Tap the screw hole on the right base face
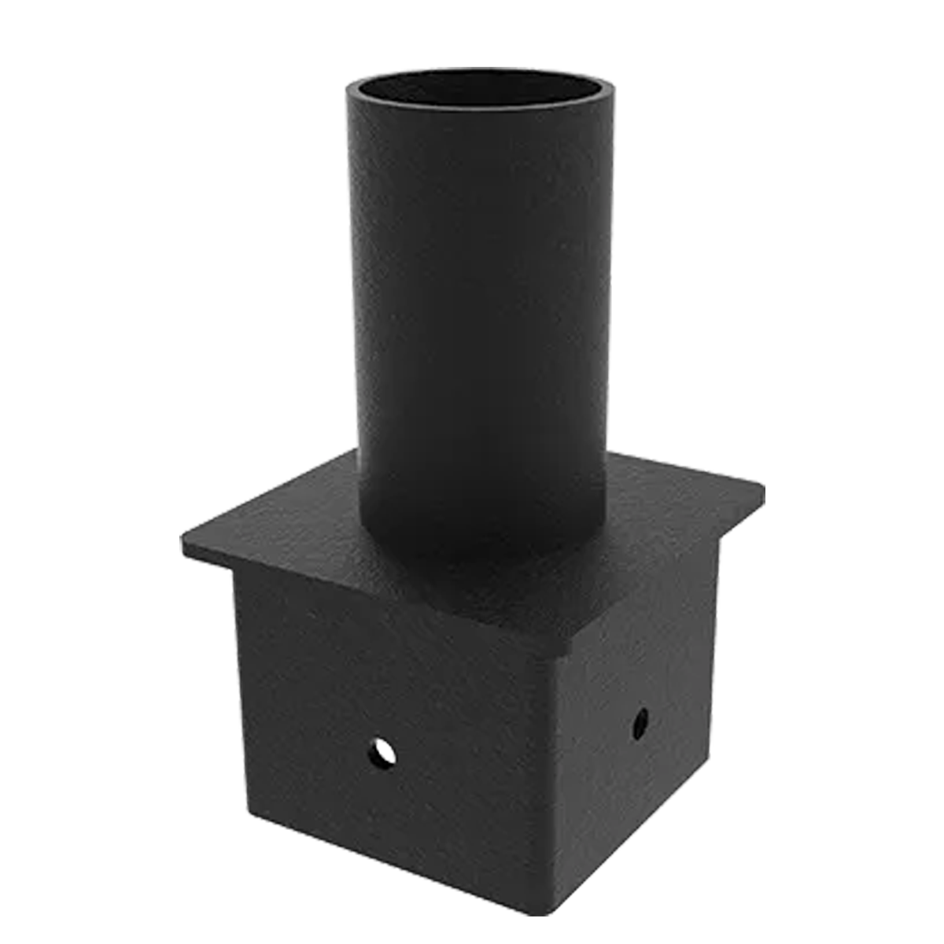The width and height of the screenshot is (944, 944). click(641, 717)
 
